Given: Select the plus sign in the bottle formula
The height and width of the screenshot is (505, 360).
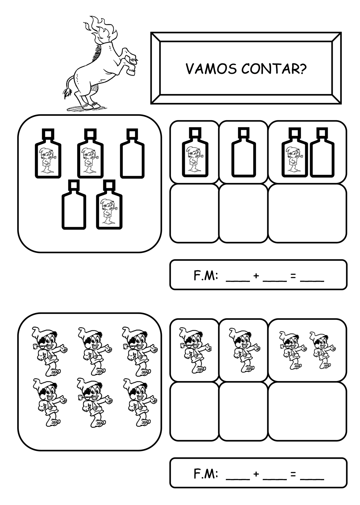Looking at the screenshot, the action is [256, 276].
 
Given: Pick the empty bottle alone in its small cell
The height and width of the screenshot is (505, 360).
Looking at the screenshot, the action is [243, 152].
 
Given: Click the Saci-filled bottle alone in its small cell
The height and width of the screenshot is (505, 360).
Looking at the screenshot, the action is [195, 152].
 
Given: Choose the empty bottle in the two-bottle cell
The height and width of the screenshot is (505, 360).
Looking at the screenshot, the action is [322, 152].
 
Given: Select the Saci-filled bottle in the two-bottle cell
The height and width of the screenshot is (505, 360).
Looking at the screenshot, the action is [295, 152].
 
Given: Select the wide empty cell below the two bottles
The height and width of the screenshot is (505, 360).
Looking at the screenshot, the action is [307, 213].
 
